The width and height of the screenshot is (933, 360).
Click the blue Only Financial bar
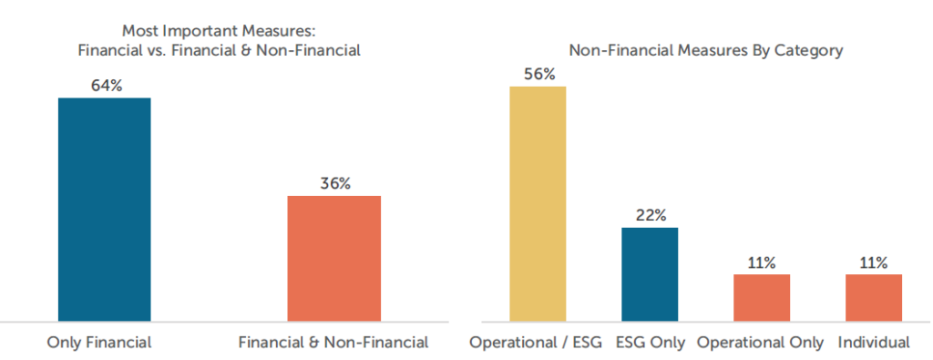tap(104, 209)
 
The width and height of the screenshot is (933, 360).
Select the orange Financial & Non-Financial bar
tap(333, 258)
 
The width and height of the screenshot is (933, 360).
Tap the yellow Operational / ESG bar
tap(538, 203)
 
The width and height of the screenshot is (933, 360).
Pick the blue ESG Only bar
tap(650, 273)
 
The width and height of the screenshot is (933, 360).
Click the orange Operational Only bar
tap(762, 297)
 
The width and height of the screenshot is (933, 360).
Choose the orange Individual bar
tap(874, 297)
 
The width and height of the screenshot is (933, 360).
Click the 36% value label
tap(334, 183)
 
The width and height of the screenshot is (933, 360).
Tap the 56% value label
tap(538, 74)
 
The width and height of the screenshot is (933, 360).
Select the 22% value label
tap(651, 215)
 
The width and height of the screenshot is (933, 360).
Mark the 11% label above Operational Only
tap(762, 262)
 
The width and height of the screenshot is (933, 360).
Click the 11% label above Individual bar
tap(874, 262)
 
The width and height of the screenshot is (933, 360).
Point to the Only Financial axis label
tap(98, 343)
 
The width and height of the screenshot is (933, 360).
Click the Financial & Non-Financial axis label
tap(333, 343)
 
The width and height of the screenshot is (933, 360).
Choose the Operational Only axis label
tap(760, 343)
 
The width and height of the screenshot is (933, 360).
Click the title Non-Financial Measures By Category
tap(705, 51)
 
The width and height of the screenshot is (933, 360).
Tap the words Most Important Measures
tap(219, 34)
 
